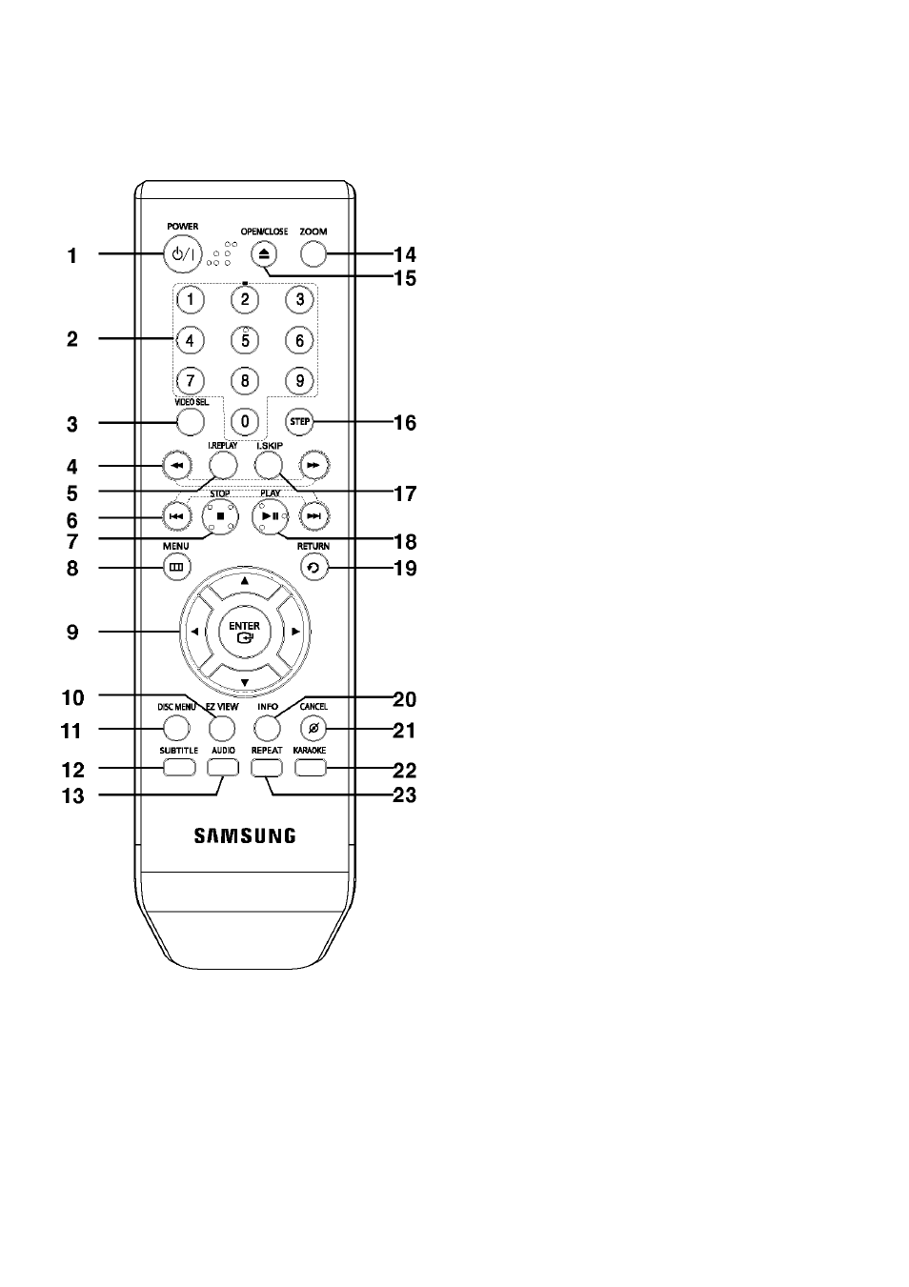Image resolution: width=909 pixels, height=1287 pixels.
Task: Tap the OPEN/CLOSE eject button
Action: [x=264, y=254]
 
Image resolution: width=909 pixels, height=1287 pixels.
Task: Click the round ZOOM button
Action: [x=313, y=253]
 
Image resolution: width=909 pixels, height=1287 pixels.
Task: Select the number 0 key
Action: [x=245, y=421]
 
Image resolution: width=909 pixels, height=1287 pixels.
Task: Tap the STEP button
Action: [x=299, y=421]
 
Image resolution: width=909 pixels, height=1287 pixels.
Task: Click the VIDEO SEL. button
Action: [x=191, y=422]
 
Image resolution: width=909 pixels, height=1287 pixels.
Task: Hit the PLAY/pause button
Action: [x=270, y=516]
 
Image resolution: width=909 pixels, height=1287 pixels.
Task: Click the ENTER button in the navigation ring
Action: [x=244, y=631]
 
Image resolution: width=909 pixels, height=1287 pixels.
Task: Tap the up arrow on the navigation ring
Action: [x=245, y=581]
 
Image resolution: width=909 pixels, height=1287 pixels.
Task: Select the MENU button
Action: [x=176, y=567]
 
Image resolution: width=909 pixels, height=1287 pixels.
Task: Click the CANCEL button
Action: [x=313, y=729]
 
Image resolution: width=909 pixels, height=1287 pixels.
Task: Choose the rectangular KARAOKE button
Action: [x=311, y=767]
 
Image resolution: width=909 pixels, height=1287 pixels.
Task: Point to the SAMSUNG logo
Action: [x=245, y=835]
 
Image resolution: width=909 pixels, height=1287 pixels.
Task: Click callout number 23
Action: [x=405, y=795]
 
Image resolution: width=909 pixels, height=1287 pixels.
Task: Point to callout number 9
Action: [x=72, y=632]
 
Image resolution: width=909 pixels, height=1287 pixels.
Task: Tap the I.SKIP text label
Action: [x=270, y=446]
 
